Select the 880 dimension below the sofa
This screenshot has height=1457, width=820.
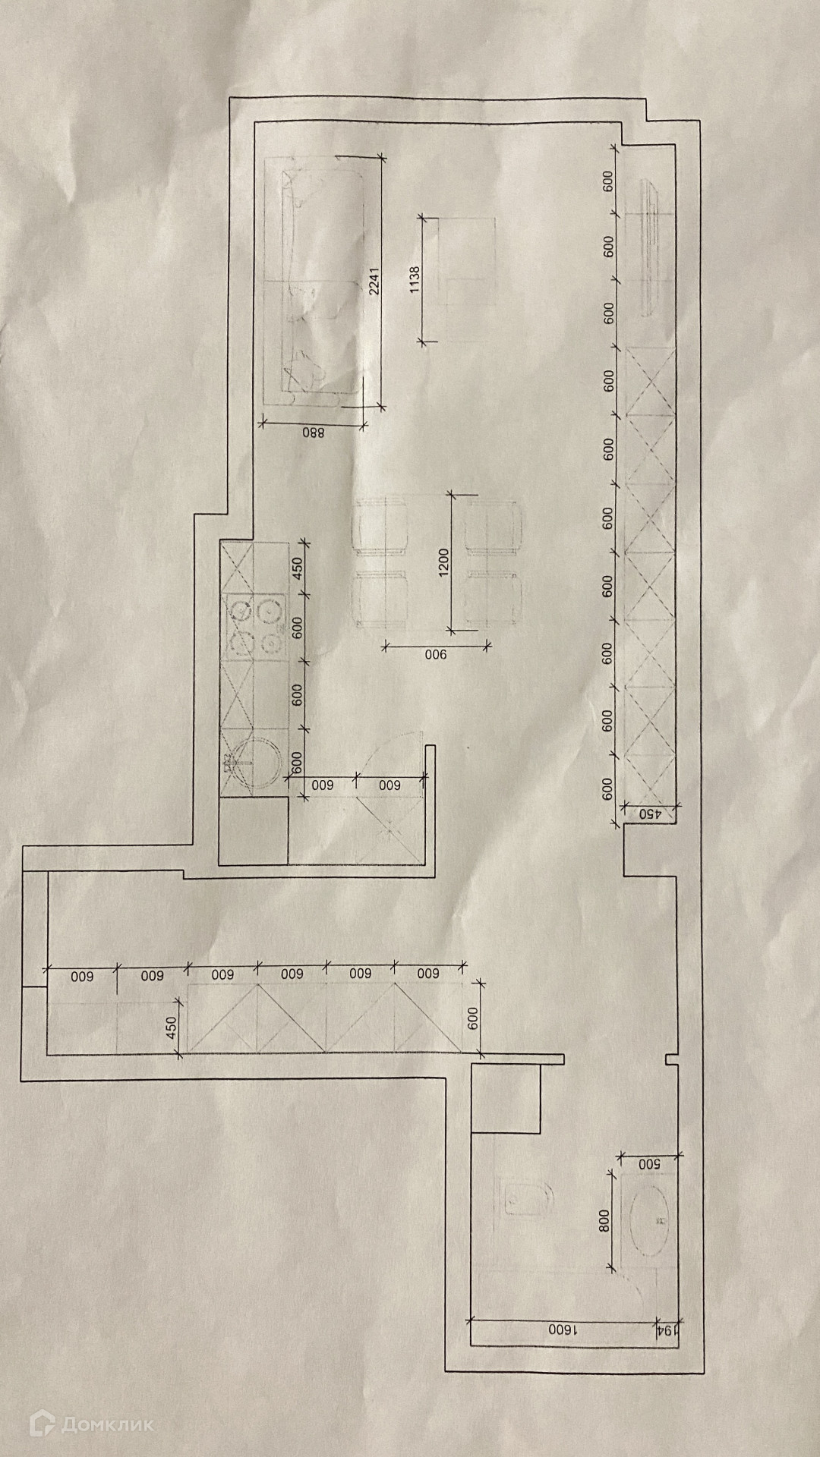point(313,434)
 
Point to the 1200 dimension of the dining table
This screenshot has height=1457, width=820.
point(445,562)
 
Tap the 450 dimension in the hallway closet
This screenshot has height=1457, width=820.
point(172,1028)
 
